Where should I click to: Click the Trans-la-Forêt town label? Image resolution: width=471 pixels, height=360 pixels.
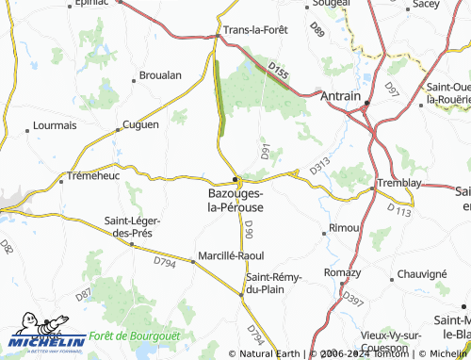coord(255,29)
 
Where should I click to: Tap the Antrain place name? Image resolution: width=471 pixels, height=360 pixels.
coord(340,96)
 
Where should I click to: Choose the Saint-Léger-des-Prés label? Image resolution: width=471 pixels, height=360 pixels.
coord(132,227)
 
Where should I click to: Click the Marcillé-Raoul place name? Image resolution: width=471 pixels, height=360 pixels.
coord(231,255)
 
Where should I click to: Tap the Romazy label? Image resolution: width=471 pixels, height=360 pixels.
coord(342,272)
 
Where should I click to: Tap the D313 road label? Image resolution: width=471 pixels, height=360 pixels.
coord(319,164)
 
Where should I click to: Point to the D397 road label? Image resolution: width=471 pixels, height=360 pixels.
coord(353,299)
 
